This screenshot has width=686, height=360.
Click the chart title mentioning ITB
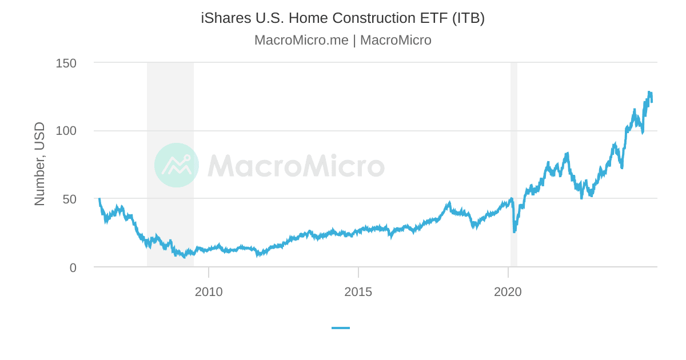[x=342, y=18]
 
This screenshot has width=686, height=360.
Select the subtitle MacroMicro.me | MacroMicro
[x=342, y=41]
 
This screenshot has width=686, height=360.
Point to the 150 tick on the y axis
[x=66, y=63]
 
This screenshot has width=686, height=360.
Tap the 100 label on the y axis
[x=66, y=131]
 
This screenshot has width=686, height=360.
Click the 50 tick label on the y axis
[x=69, y=199]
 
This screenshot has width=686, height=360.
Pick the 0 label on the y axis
[x=73, y=267]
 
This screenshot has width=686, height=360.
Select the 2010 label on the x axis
[x=209, y=292]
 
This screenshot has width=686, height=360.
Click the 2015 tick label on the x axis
[x=358, y=292]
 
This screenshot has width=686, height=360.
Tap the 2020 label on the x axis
[x=508, y=292]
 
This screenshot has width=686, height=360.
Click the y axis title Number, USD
[x=39, y=164]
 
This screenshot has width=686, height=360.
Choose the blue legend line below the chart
[x=341, y=328]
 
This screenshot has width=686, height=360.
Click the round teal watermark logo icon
[x=177, y=165]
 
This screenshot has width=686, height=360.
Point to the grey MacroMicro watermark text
[x=296, y=166]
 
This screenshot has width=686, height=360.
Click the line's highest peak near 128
[x=649, y=92]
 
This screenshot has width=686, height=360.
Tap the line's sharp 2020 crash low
[x=514, y=231]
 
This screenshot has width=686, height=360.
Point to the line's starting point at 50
[x=99, y=199]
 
